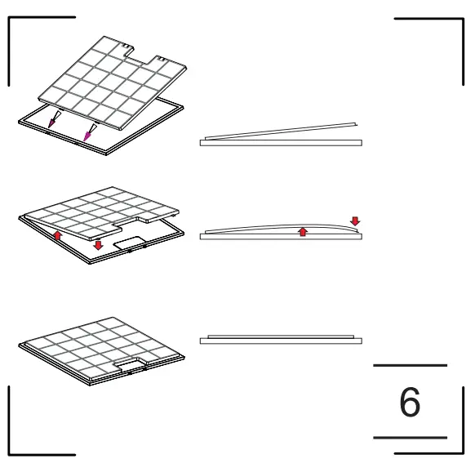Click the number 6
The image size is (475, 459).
pos(411,402)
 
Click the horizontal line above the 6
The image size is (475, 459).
pos(411,364)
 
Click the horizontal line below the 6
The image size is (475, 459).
pos(411,438)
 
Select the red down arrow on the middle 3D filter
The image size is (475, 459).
pos(99,245)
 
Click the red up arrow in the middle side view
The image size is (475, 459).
pos(303,232)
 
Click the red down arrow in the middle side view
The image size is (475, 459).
pos(353,221)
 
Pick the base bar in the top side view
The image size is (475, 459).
pos(281,142)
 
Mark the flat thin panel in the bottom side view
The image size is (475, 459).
pos(281,335)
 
